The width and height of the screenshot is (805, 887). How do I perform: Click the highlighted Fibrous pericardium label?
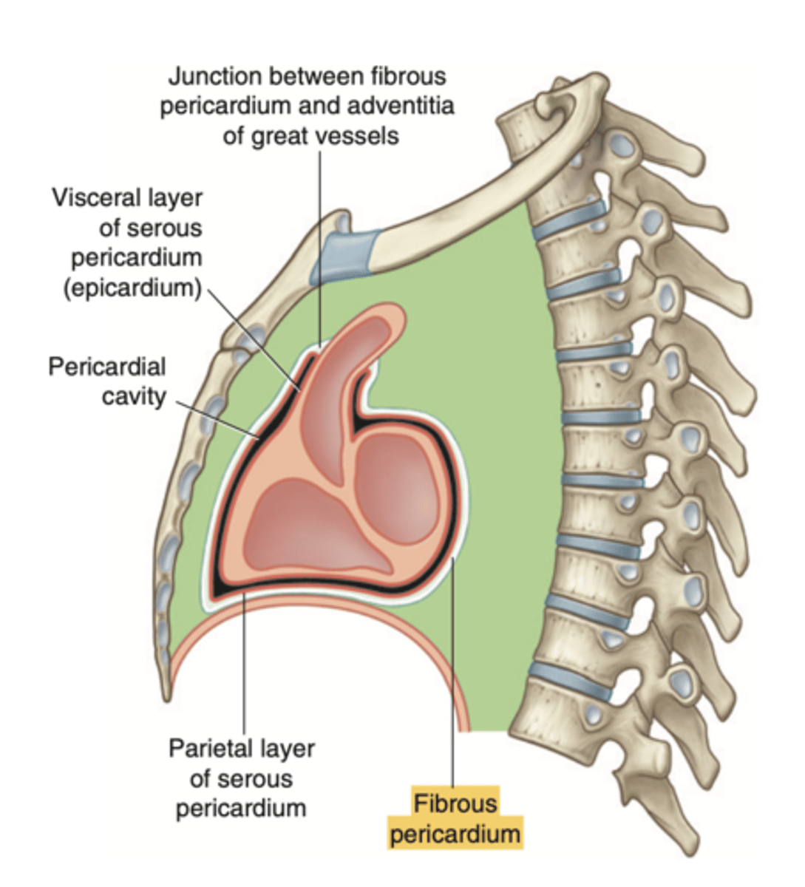coord(455,819)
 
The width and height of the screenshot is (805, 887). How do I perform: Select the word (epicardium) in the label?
coord(132,288)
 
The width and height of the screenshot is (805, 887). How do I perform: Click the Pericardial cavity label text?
coord(107,381)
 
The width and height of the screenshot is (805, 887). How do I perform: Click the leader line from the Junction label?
coord(320,244)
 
